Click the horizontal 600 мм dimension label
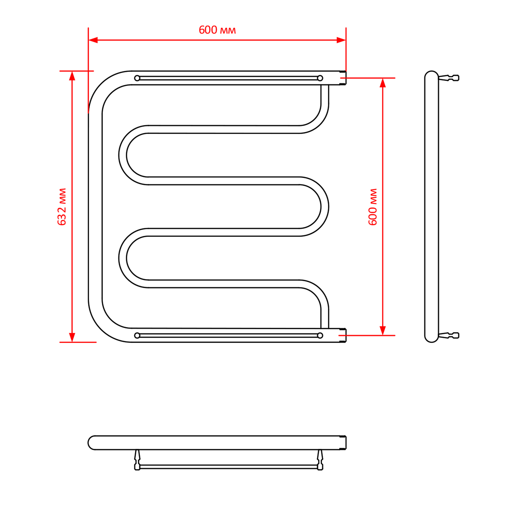(x=217, y=30)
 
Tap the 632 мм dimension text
(x=62, y=207)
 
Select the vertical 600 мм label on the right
(x=372, y=207)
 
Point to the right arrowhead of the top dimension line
(x=341, y=40)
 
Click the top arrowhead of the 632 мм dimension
(x=72, y=76)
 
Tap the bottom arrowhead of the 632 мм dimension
(x=72, y=337)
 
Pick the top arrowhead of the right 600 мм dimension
(x=383, y=83)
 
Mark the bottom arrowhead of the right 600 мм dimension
(x=383, y=330)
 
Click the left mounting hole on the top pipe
(x=137, y=78)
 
